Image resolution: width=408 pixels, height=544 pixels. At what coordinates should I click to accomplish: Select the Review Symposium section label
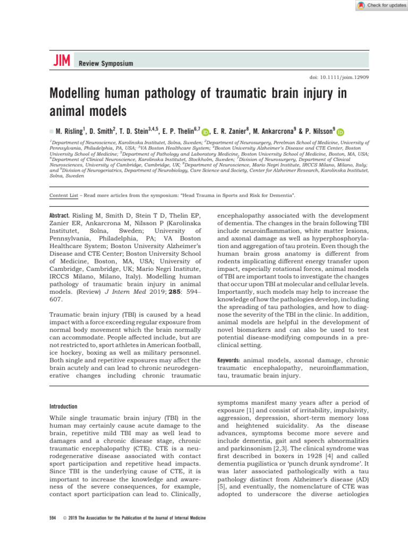(x=105, y=64)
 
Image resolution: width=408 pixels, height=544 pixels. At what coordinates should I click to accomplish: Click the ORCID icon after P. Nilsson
(x=340, y=132)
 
